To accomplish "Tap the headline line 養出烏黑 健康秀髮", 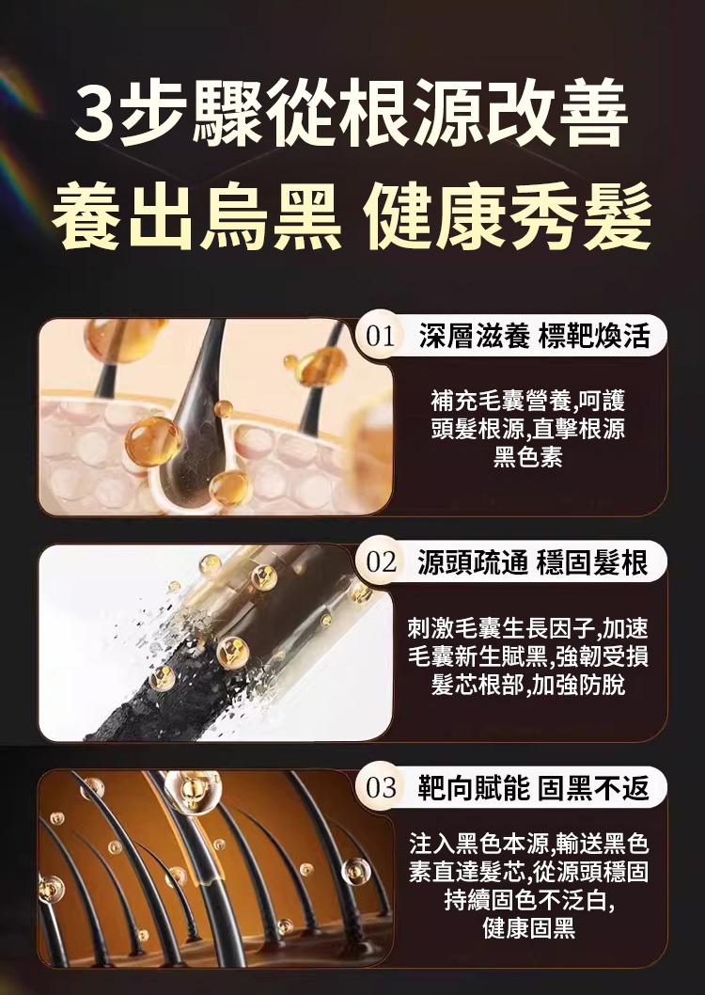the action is coord(352,216).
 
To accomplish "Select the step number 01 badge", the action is coord(381,337).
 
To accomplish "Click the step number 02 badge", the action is coord(381,562).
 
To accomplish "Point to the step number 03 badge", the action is coord(381,788).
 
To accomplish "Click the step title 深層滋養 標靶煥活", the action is coord(535,337).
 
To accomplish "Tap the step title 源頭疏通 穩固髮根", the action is coord(533,562).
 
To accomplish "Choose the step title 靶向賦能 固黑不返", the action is coord(533,788).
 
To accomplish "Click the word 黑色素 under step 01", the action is coord(527,457).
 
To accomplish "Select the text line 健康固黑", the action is coord(528,928).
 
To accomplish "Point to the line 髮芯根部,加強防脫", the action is coord(528,685).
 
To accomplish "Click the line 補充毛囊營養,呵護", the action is coord(527,401).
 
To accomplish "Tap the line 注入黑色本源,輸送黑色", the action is coord(528,845).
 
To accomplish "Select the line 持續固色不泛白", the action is coord(528,900).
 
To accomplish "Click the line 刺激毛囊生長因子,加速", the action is coord(528,629).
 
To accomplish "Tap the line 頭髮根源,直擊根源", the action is coord(527,429).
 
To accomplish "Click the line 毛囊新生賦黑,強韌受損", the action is coord(528,656).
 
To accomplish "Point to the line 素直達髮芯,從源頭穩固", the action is coord(528,873).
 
